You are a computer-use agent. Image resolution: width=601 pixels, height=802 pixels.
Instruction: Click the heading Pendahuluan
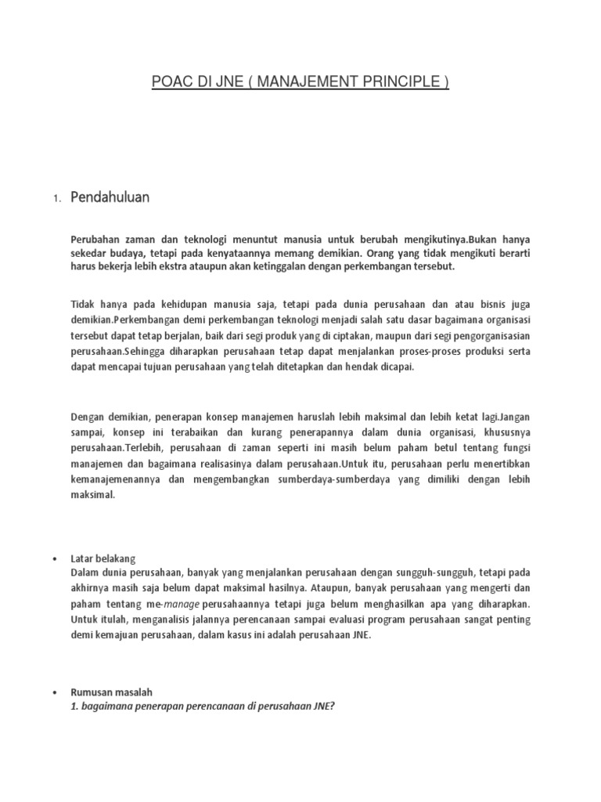110,198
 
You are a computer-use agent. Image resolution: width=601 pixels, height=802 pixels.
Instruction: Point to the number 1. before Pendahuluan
57,200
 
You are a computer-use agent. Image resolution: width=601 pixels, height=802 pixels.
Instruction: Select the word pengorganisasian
480,337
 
